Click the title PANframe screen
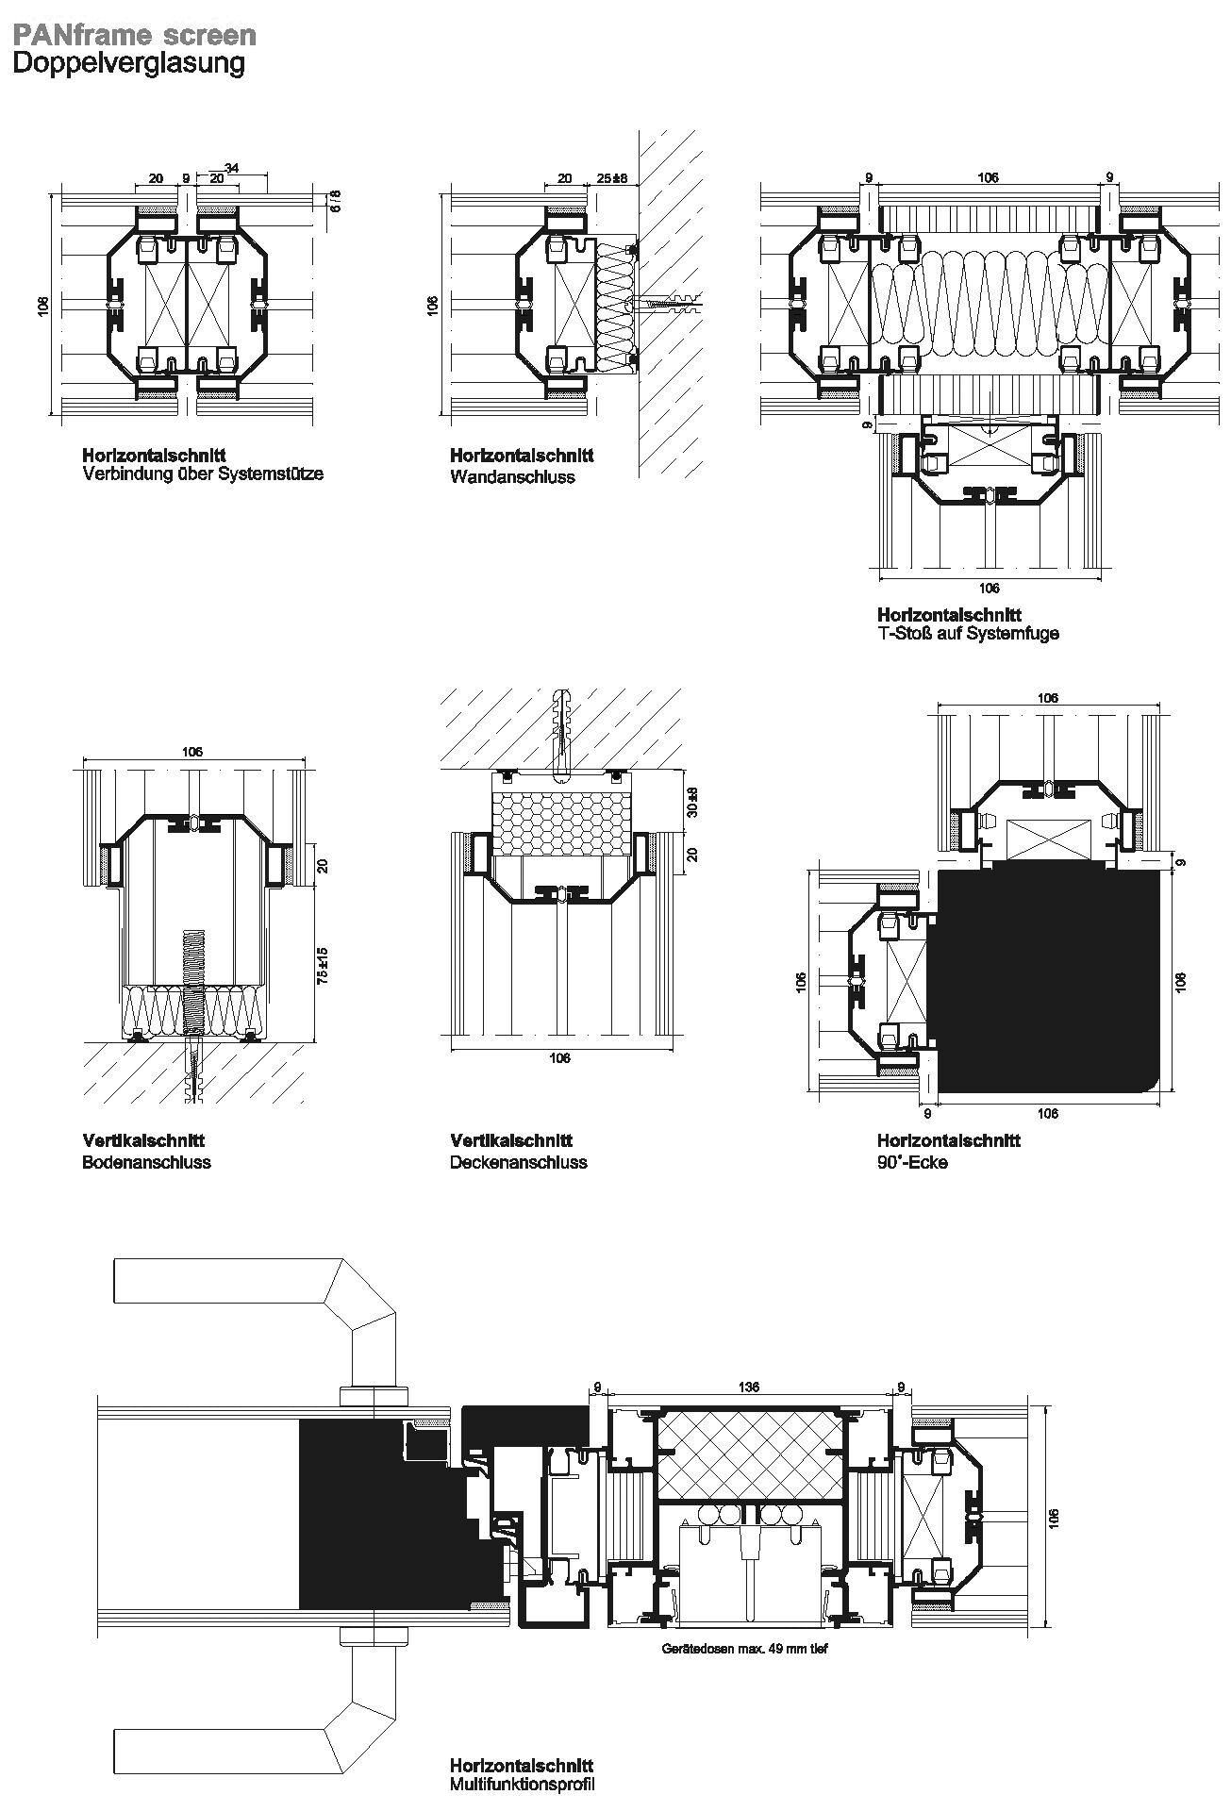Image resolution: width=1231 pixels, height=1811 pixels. click(133, 35)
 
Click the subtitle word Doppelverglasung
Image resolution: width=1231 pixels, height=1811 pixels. click(128, 64)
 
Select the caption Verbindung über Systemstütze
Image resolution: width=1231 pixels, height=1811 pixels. click(203, 474)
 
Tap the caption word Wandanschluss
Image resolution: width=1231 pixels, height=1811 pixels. click(512, 477)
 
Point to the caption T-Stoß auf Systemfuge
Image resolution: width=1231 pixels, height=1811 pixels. click(968, 633)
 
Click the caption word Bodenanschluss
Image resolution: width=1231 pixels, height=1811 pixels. click(146, 1162)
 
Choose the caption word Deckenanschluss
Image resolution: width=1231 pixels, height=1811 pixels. click(518, 1162)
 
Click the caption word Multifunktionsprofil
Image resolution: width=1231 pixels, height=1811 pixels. click(523, 1784)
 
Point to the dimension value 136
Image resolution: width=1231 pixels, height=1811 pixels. click(748, 1387)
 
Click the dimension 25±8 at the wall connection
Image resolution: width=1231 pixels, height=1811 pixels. click(612, 178)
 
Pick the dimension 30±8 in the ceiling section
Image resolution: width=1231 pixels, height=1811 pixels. click(691, 802)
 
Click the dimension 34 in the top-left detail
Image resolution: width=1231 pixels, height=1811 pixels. click(231, 168)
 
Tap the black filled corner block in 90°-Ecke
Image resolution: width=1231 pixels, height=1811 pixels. click(1042, 981)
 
